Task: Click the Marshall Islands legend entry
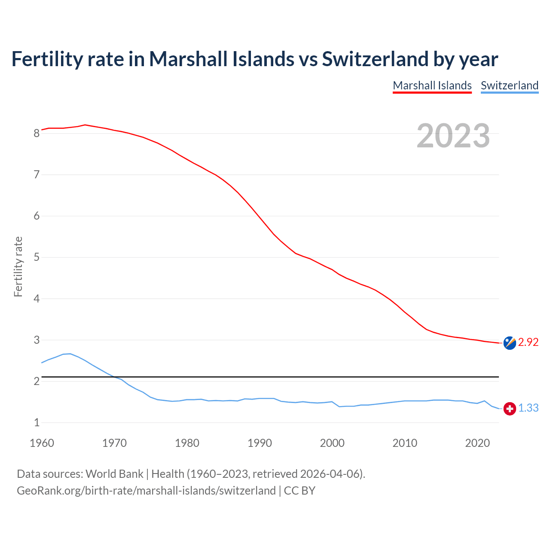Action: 432,86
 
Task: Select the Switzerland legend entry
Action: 509,86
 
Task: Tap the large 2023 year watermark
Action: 453,136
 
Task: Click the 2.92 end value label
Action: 528,342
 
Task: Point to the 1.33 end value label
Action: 528,408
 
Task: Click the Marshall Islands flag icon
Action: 510,343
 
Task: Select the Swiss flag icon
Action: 510,409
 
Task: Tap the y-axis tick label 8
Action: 37,134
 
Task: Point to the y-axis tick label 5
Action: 37,257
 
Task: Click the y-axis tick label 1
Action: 37,423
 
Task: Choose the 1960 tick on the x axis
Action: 42,443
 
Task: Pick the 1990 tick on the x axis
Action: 260,443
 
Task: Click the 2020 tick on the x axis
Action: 477,443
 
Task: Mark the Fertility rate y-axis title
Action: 18,266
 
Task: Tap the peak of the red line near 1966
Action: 85,125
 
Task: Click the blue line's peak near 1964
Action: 70,354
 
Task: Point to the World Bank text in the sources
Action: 114,474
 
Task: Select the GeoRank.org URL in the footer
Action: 146,491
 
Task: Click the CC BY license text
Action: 299,491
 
